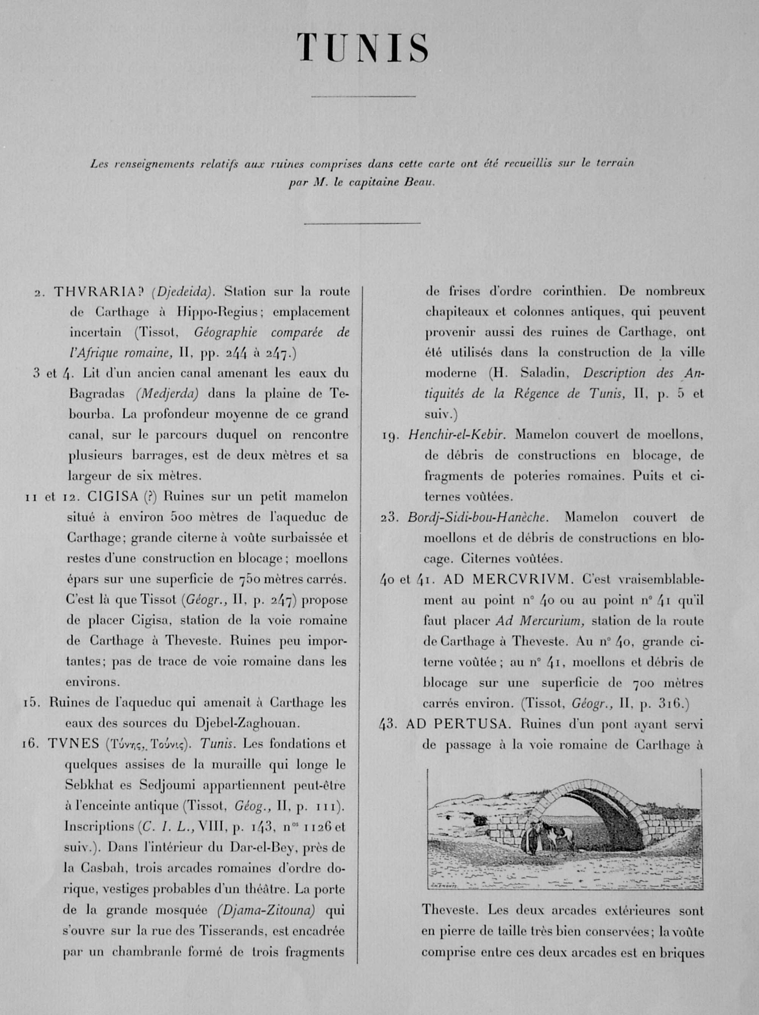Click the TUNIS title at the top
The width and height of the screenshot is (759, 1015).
[x=362, y=48]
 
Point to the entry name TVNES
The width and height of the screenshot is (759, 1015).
[x=73, y=744]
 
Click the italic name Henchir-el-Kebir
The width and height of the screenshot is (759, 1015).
[x=457, y=434]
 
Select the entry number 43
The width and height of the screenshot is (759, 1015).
[x=387, y=724]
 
